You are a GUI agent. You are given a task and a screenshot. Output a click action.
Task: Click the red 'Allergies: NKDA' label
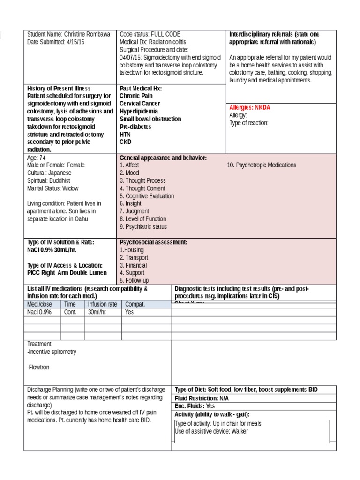coord(249,107)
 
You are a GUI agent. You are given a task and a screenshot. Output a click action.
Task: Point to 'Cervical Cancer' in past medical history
coord(139,104)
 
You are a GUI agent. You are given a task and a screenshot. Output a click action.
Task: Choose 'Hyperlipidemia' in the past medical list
coord(139,112)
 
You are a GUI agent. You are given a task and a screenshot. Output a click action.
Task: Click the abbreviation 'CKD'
coord(126,142)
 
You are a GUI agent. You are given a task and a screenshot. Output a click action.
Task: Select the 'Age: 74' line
coord(37,158)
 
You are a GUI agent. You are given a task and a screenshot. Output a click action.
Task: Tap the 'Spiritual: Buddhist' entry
coord(49,180)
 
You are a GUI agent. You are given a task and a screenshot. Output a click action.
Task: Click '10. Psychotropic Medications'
coord(261,165)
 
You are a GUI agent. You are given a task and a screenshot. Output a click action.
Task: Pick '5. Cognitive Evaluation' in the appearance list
coord(147,196)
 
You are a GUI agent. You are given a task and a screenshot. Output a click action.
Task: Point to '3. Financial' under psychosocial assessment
coord(133,265)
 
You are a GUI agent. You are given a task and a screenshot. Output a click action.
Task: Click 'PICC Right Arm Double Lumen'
coord(67,273)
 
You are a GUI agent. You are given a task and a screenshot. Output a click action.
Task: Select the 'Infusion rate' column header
coord(103,304)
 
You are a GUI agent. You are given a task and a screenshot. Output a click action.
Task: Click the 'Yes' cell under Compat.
coord(130,312)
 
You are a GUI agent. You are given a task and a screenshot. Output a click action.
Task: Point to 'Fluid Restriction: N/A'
coord(205,398)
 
